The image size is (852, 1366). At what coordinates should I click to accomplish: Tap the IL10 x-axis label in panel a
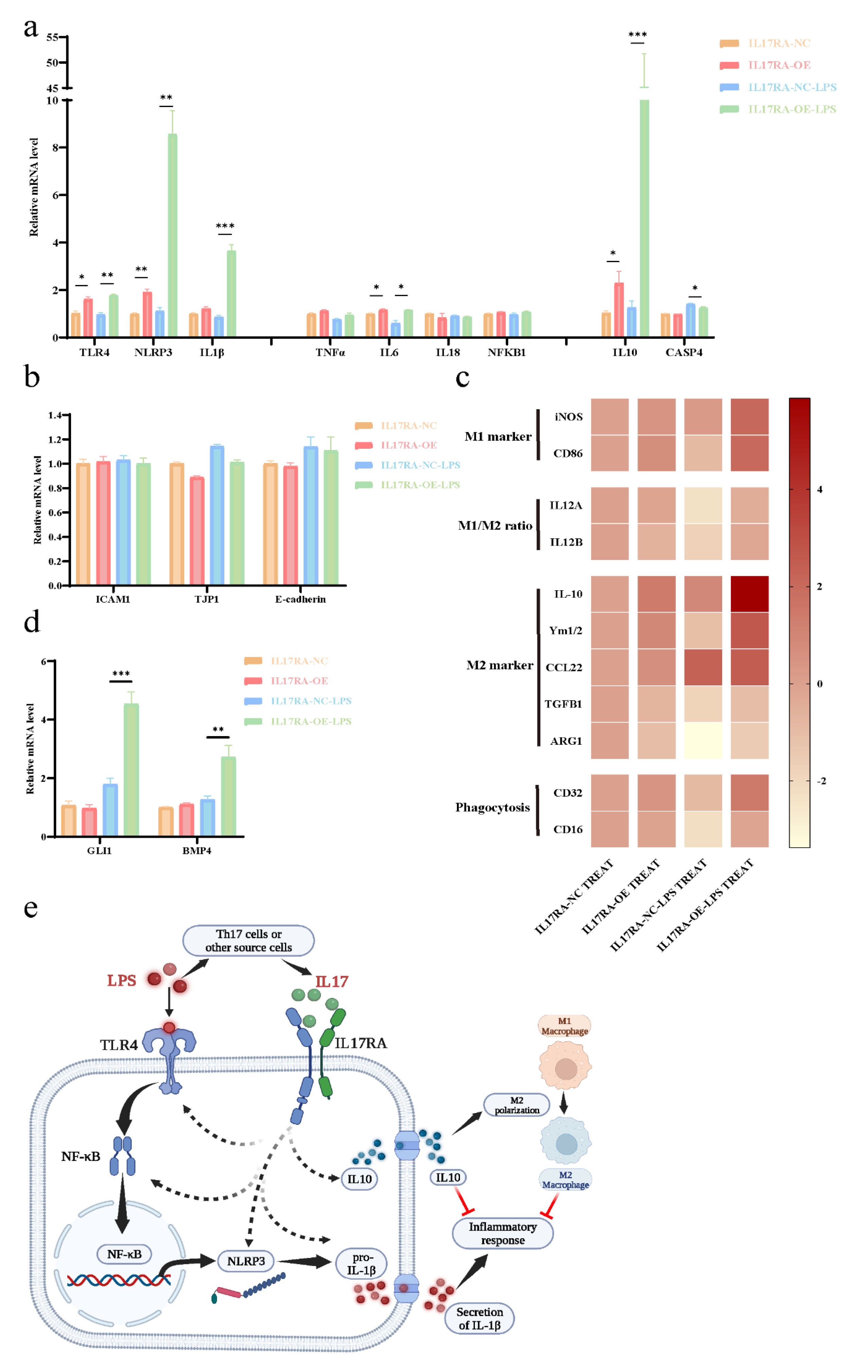(x=624, y=353)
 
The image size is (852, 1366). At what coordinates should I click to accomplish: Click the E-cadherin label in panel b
(x=300, y=599)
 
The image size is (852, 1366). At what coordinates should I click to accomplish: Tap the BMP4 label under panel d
(x=197, y=851)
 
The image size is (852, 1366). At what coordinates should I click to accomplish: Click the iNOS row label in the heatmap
(x=568, y=417)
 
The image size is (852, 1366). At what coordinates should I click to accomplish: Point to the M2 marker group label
(x=499, y=665)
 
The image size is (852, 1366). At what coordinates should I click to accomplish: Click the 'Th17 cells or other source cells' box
(x=249, y=941)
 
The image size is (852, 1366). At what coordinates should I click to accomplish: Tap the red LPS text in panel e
(x=122, y=981)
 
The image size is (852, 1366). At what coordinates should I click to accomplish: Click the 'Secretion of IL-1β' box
(x=479, y=1318)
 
